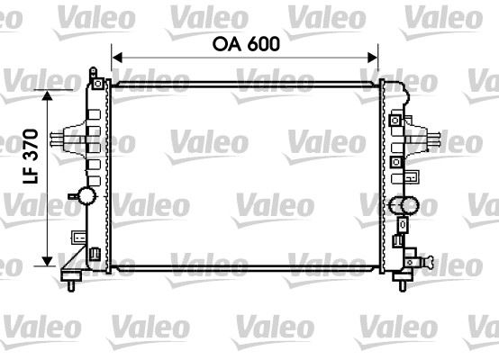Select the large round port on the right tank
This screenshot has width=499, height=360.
[x=406, y=205]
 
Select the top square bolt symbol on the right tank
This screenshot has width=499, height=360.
[x=395, y=120]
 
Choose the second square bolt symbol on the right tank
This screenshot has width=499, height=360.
[x=395, y=139]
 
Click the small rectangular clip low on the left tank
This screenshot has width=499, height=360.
[x=79, y=238]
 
